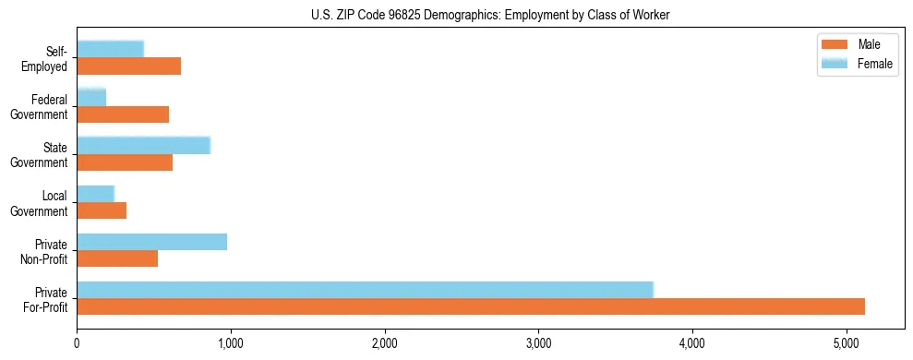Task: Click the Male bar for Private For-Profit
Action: pyautogui.click(x=471, y=306)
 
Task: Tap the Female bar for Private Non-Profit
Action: pyautogui.click(x=151, y=242)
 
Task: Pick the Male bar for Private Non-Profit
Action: pyautogui.click(x=117, y=258)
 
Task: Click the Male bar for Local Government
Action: pyautogui.click(x=102, y=210)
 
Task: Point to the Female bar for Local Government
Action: pyautogui.click(x=95, y=193)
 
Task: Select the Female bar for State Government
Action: pyautogui.click(x=143, y=145)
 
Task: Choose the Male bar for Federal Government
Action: pyautogui.click(x=123, y=114)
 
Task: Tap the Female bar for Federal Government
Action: pyautogui.click(x=91, y=97)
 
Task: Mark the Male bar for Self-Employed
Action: pyautogui.click(x=128, y=66)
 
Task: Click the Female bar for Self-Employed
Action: pyautogui.click(x=110, y=49)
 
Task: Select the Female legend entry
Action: pyautogui.click(x=859, y=63)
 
